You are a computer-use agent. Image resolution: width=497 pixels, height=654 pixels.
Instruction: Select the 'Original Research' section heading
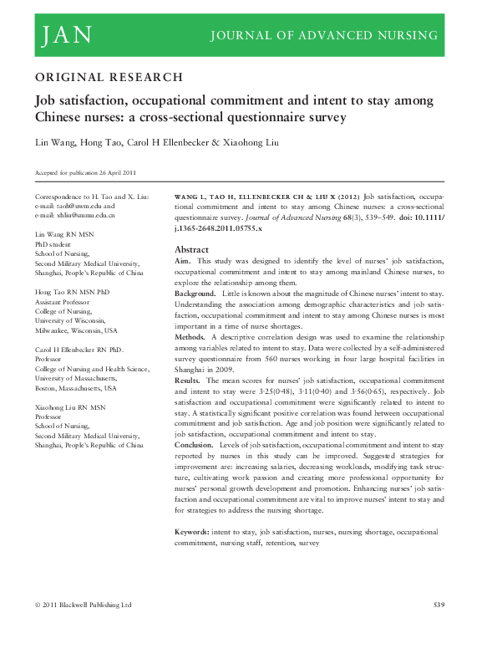click(x=108, y=78)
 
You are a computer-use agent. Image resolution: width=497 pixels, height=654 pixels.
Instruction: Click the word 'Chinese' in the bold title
click(x=58, y=118)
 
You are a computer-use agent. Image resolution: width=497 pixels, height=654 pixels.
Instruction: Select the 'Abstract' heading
click(x=190, y=250)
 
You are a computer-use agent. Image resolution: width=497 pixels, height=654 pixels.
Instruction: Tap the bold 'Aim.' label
click(x=182, y=262)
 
